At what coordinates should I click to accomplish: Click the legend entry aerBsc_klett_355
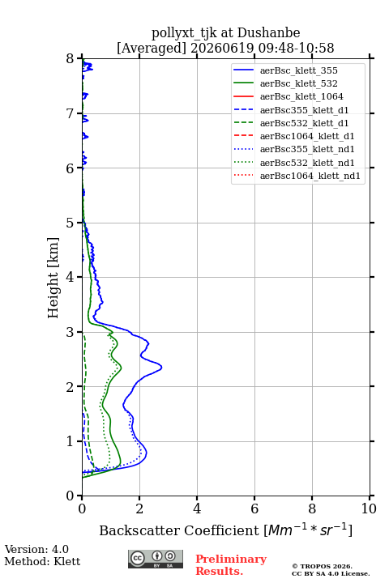click(285, 70)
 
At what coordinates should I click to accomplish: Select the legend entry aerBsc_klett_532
click(285, 83)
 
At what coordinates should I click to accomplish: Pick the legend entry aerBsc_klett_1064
click(289, 96)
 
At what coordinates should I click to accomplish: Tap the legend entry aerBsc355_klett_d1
click(291, 110)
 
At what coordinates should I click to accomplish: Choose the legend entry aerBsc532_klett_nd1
click(293, 163)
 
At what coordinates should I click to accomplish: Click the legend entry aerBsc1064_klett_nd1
click(297, 176)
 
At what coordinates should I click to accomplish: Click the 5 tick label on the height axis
click(71, 223)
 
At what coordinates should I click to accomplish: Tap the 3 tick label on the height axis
click(71, 332)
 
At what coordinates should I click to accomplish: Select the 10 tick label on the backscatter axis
click(369, 509)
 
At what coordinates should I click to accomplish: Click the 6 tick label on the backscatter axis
click(254, 509)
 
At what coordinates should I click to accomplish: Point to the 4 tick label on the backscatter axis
click(197, 509)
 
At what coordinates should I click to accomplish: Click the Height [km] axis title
click(53, 278)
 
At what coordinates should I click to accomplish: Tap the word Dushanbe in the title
click(269, 33)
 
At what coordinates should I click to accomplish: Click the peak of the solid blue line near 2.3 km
click(161, 368)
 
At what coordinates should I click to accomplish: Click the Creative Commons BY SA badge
click(156, 559)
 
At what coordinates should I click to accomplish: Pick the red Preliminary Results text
click(231, 565)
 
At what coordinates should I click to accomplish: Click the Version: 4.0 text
click(36, 549)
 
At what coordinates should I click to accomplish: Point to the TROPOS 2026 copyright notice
click(322, 566)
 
